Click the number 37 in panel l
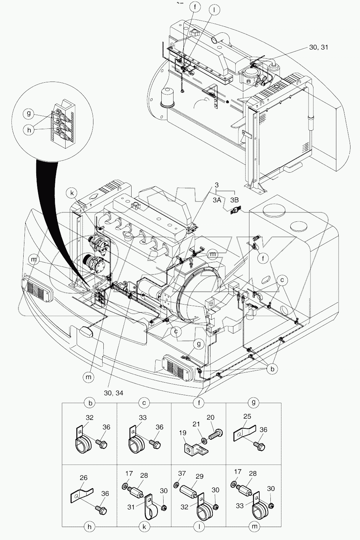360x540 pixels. [x=183, y=473]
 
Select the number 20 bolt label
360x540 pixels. [x=210, y=417]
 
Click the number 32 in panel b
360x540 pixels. [x=89, y=418]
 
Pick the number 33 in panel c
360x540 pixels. [x=143, y=418]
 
